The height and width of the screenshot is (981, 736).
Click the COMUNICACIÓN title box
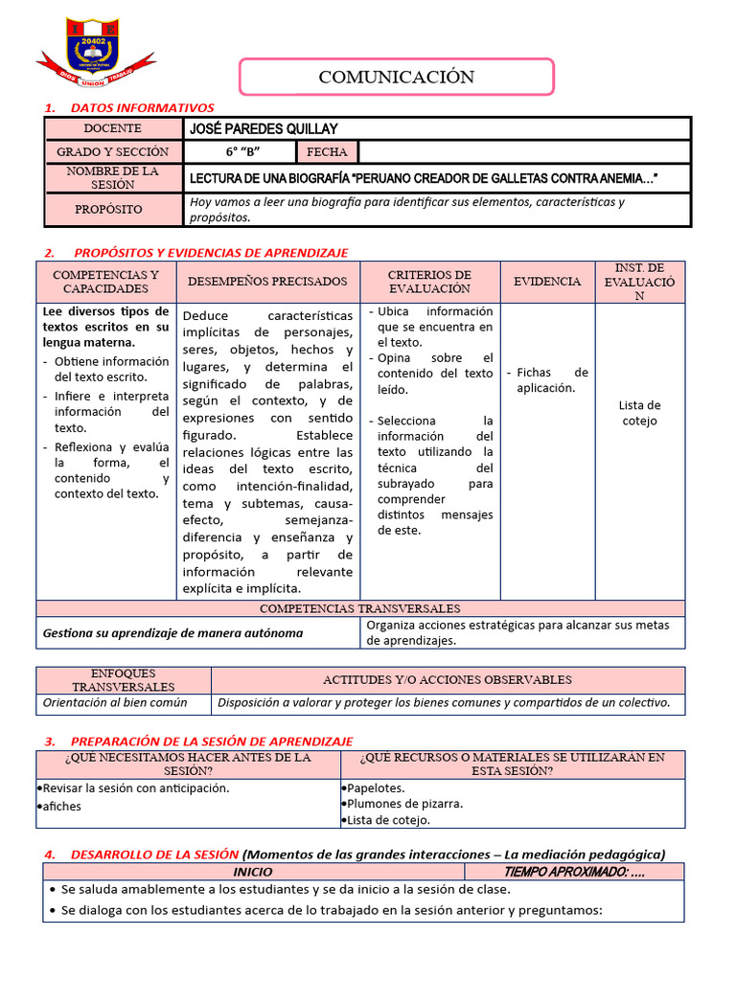pos(396,77)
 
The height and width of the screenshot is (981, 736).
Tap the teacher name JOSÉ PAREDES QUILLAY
pos(264,128)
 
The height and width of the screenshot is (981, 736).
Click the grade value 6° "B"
pos(242,151)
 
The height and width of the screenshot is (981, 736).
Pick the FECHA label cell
pos(327,151)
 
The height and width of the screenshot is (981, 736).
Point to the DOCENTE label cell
pos(112,128)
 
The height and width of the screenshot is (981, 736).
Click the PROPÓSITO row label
pos(112,209)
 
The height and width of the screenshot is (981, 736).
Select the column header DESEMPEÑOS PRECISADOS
pos(267,282)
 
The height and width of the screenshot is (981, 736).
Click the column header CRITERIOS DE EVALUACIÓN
pos(429,282)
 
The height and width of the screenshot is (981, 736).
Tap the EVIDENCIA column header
pos(547,282)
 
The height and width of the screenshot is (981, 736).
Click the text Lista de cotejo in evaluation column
pos(639,413)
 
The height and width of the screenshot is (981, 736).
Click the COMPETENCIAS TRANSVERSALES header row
pos(360,608)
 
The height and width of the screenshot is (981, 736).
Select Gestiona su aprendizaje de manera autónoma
pos(172,632)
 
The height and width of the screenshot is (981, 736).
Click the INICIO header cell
pos(253,872)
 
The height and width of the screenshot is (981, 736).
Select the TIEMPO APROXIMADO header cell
pos(573,872)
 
